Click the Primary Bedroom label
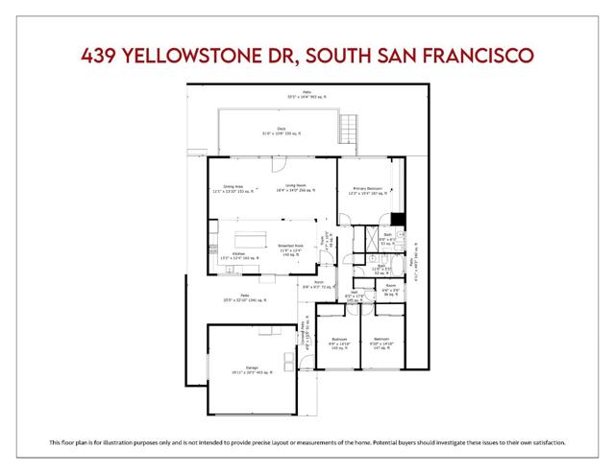pos(366,191)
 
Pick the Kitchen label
pos(227,256)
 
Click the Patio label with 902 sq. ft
pos(307,95)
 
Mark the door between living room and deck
pos(281,158)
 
